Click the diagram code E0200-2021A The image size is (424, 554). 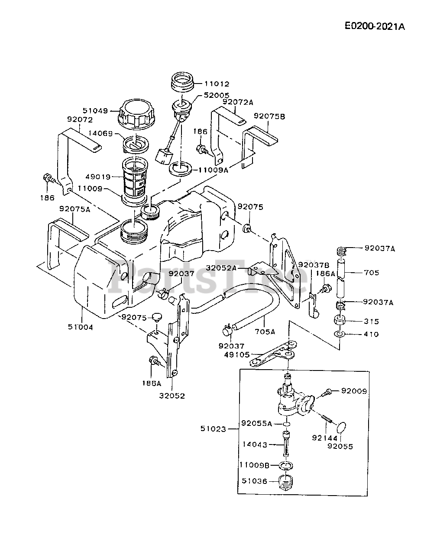(x=375, y=26)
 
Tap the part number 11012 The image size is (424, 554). (x=217, y=84)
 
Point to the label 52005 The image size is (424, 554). (x=217, y=95)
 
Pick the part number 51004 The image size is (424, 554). (x=80, y=327)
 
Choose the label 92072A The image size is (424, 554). (x=238, y=102)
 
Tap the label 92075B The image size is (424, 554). (x=269, y=116)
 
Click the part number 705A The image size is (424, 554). (x=265, y=332)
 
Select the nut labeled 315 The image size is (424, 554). (x=341, y=321)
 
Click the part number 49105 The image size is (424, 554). (x=236, y=354)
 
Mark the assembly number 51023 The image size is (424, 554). (x=213, y=428)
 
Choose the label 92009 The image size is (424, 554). (x=354, y=391)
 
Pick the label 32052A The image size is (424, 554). (x=221, y=267)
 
